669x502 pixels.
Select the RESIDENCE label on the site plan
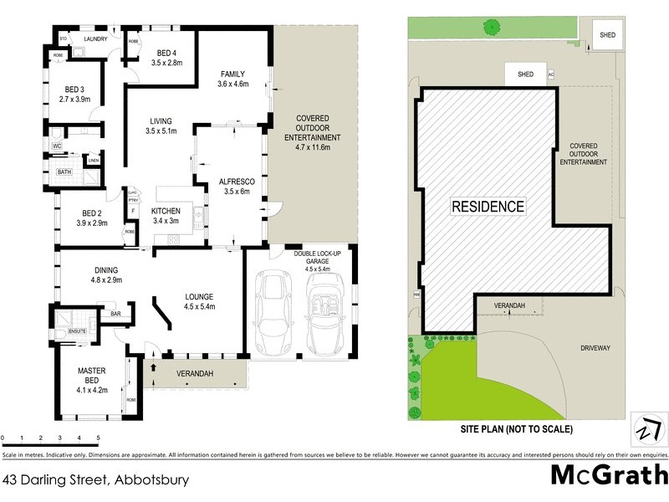coord(488,206)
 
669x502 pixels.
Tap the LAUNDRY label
coord(96,38)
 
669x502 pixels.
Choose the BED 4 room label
coord(166,57)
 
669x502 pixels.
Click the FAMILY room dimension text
coord(233,84)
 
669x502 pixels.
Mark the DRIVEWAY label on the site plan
coord(595,346)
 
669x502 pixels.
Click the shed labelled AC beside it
coord(526,74)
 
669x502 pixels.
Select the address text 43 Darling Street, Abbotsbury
coord(96,480)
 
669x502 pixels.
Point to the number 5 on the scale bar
coord(98,438)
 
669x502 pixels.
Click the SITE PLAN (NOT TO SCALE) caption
coord(516,429)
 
